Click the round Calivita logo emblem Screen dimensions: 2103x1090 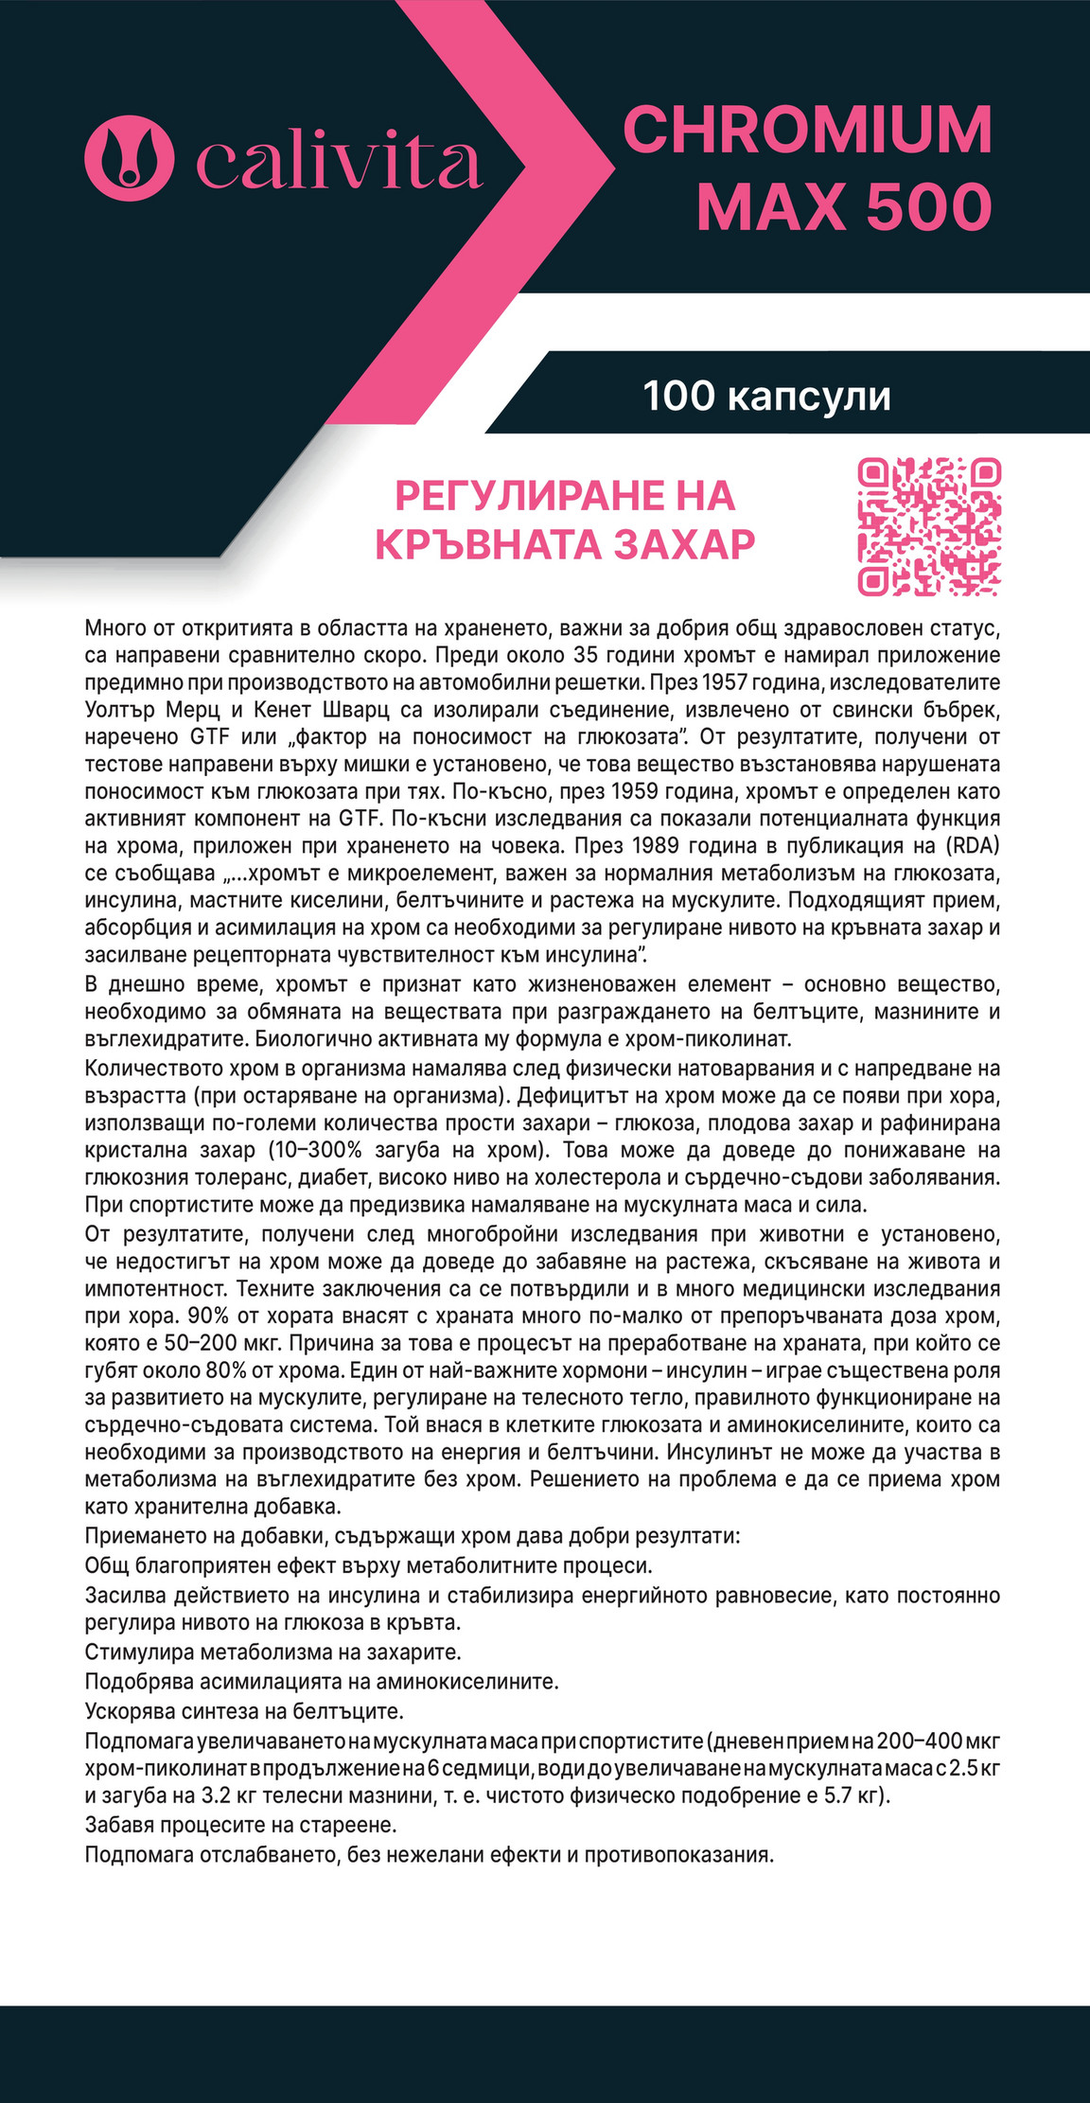[x=130, y=153]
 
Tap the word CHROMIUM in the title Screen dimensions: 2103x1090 [x=807, y=130]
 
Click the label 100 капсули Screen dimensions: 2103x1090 [x=766, y=396]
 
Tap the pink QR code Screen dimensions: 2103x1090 [x=929, y=526]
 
